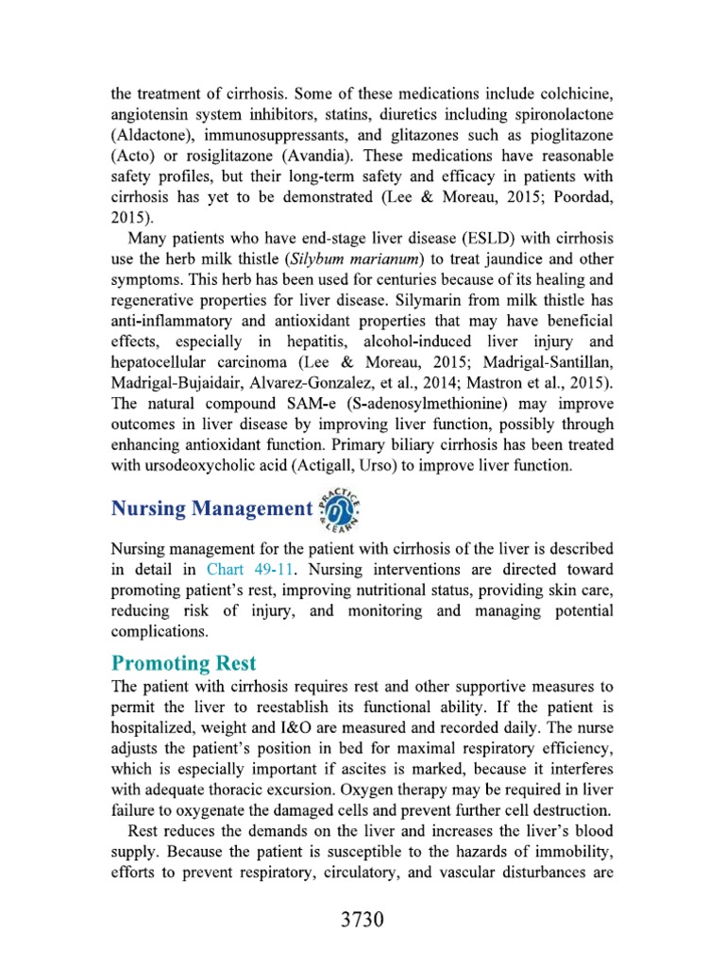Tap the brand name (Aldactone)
coord(155,135)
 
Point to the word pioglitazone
coord(565,135)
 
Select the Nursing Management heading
coord(211,509)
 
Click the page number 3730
coord(362,921)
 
